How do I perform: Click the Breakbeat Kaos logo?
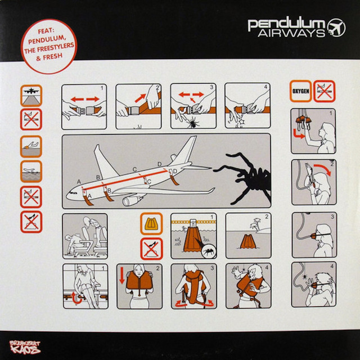click(25, 347)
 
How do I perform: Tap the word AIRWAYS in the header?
click(291, 34)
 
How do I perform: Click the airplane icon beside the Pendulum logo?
click(336, 28)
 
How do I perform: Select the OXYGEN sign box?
click(300, 91)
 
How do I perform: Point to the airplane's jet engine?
click(132, 200)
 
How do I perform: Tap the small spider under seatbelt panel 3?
click(193, 122)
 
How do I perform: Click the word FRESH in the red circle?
click(52, 56)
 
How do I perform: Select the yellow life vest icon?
click(151, 224)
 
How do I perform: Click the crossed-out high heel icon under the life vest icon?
click(151, 249)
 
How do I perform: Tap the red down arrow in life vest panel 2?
click(122, 275)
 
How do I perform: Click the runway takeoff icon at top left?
click(31, 96)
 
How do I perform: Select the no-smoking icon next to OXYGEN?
click(325, 91)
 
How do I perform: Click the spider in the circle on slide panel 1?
click(209, 251)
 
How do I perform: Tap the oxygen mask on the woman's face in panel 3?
click(314, 236)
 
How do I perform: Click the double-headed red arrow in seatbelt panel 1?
click(85, 99)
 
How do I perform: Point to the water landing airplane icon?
click(31, 171)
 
